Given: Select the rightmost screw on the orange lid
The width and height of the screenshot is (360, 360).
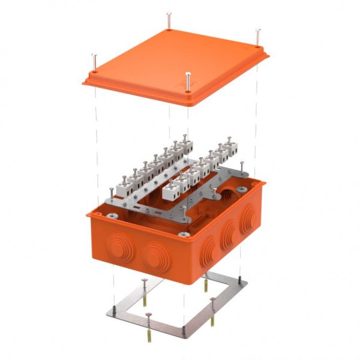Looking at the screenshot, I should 258,36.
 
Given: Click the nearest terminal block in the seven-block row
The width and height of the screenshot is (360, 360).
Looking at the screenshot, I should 128,182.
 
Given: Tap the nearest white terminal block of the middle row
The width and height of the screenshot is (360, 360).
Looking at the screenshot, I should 175,187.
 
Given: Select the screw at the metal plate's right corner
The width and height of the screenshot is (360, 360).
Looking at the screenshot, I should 242,169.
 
